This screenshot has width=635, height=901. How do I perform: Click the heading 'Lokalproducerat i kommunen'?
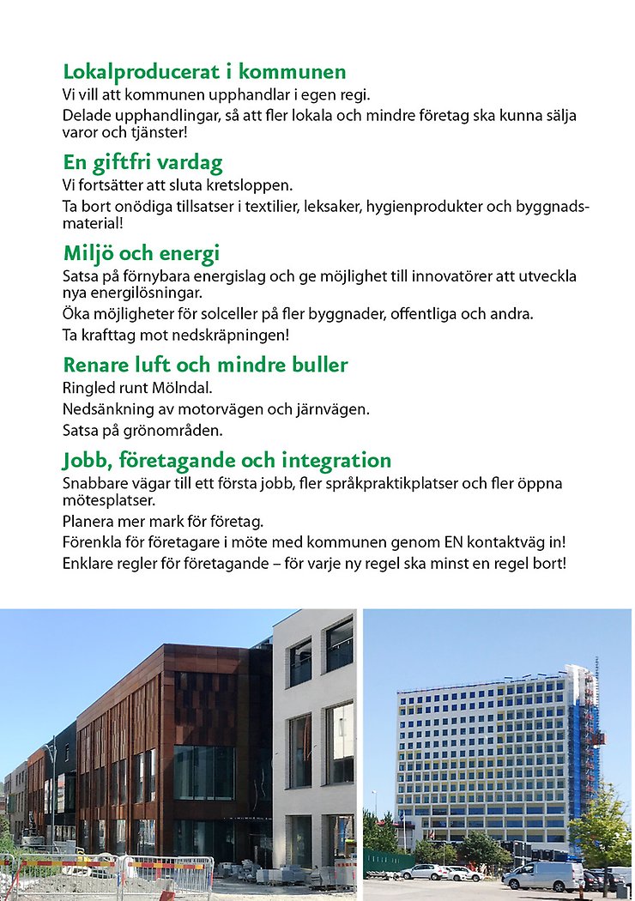coord(204,72)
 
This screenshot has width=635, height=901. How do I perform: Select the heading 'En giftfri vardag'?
coord(142,163)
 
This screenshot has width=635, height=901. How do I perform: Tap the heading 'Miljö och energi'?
coord(142,254)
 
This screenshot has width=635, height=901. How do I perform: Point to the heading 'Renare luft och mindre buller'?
coord(205,366)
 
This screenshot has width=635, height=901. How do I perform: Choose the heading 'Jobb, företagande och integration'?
coord(227,461)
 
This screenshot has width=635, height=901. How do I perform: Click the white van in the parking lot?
coord(544,875)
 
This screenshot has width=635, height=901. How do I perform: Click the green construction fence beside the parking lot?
coord(387,859)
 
